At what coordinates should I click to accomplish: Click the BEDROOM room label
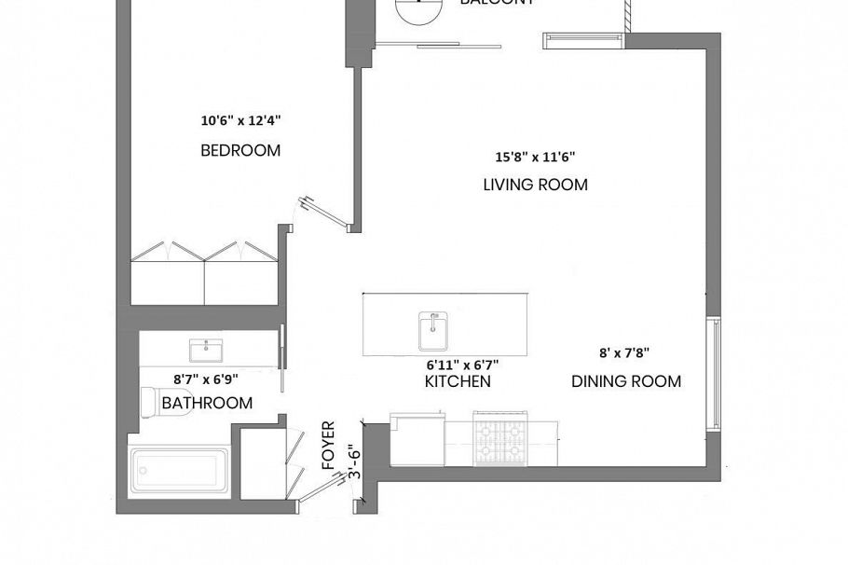[x=240, y=150]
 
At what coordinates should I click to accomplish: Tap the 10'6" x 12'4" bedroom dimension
[x=240, y=120]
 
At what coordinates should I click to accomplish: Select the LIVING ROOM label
[x=535, y=185]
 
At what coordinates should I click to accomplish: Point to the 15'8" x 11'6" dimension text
[x=535, y=158]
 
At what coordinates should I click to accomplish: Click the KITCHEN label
[x=458, y=381]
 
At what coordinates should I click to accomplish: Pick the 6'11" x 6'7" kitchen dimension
[x=458, y=365]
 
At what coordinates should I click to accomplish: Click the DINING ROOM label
[x=625, y=381]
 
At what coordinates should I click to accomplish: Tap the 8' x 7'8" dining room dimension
[x=623, y=353]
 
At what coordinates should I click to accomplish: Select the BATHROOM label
[x=207, y=403]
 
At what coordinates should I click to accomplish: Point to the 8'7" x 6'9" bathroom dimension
[x=206, y=379]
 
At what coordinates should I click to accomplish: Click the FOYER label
[x=328, y=445]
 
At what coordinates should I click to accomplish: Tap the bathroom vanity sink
[x=206, y=351]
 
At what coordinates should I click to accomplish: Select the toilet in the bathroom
[x=149, y=403]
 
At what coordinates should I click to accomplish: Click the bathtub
[x=179, y=473]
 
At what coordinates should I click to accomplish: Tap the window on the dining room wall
[x=714, y=373]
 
